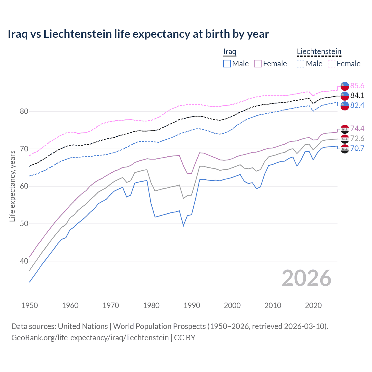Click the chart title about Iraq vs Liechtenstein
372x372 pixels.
point(138,34)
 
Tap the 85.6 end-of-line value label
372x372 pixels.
point(357,86)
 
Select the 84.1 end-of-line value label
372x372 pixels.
point(357,95)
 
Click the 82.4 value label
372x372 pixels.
point(357,105)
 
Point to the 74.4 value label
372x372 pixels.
point(357,128)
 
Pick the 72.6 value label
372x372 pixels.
point(357,138)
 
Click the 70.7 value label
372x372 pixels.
point(357,148)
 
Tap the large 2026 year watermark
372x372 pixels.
point(306,278)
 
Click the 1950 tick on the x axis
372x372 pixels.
point(30,305)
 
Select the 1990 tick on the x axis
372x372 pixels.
point(192,305)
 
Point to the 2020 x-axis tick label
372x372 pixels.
point(313,305)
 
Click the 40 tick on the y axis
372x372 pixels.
point(24,261)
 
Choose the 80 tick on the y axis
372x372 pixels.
point(24,111)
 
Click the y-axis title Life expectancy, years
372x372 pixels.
point(12,186)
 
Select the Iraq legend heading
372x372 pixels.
point(230,51)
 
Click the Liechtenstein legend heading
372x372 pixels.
point(319,51)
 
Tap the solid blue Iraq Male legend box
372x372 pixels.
point(227,64)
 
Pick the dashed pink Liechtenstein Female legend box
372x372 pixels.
point(332,64)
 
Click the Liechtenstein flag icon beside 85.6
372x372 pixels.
point(345,86)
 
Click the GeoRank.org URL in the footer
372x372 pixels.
point(90,338)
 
